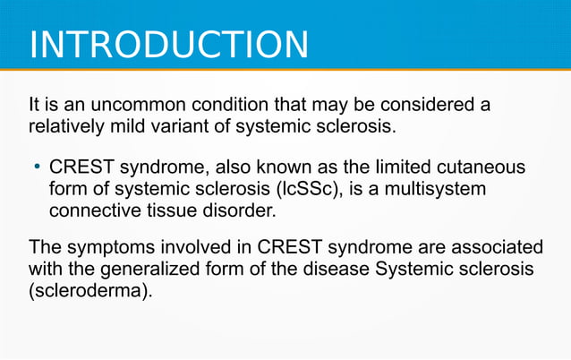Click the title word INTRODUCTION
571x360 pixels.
[169, 45]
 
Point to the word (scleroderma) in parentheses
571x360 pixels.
[89, 291]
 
